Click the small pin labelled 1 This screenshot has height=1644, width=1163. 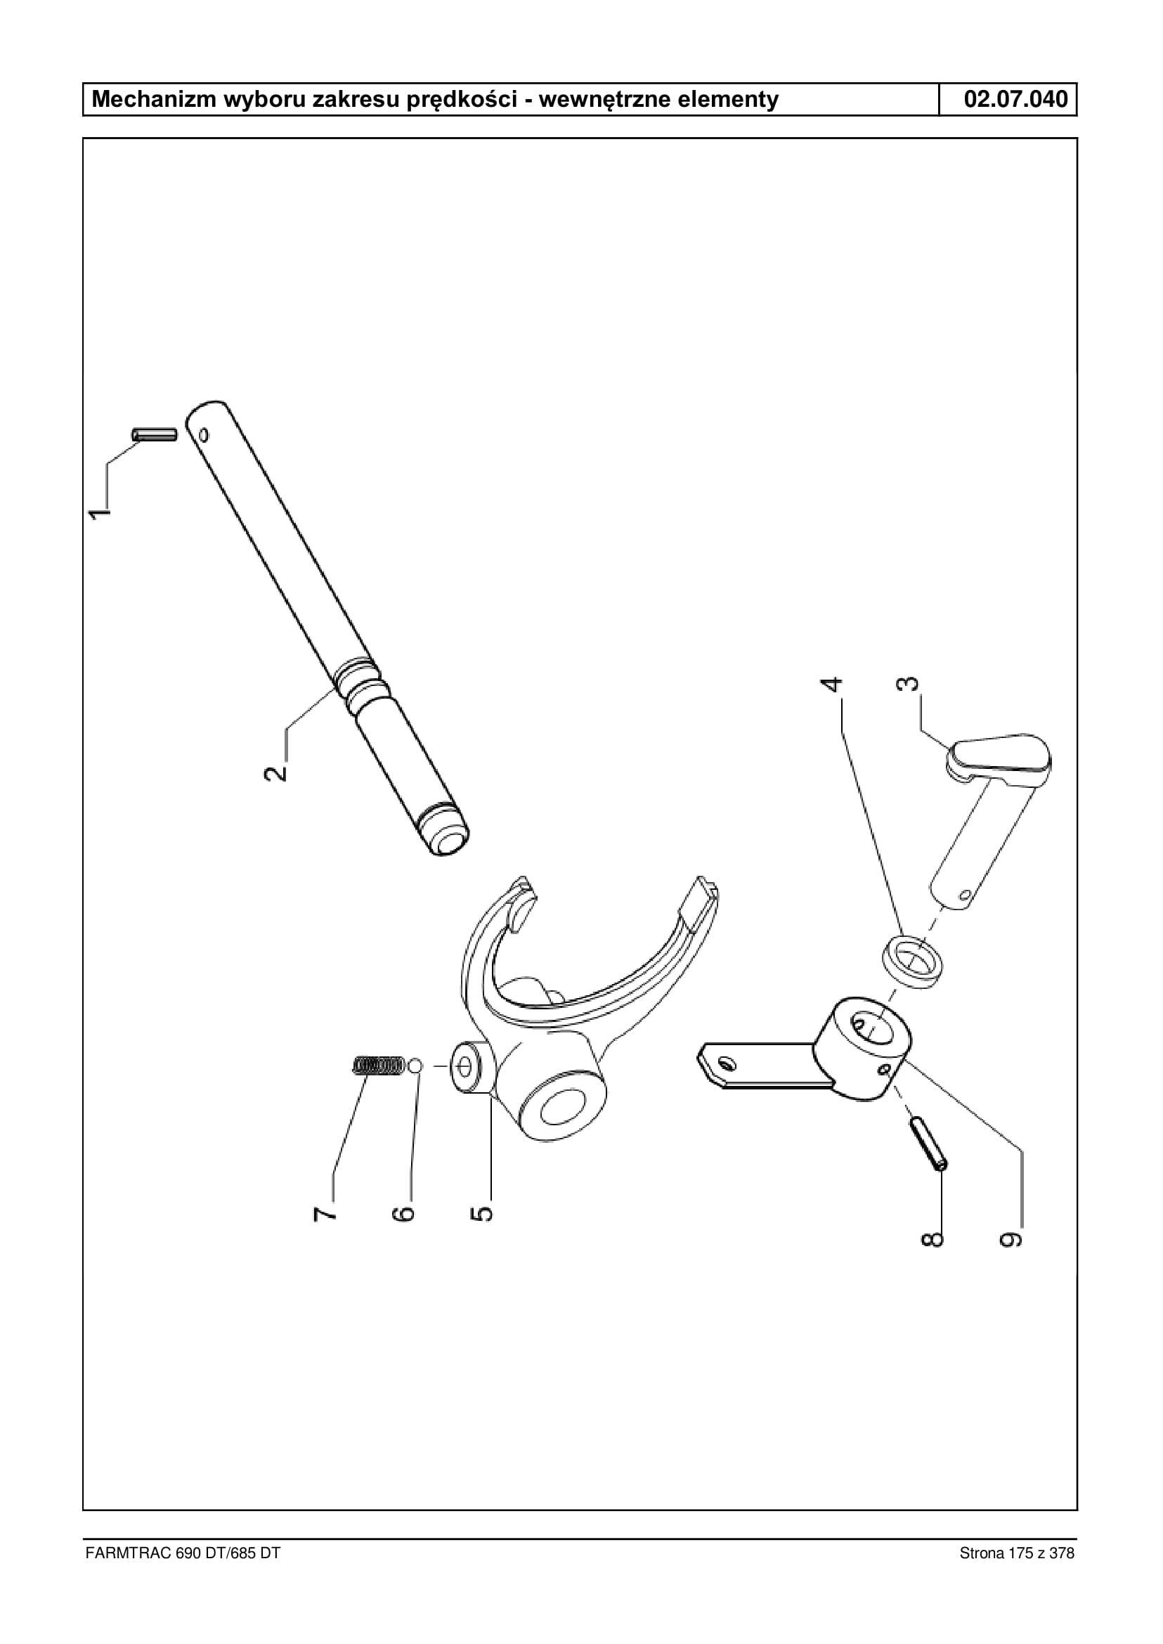click(x=154, y=435)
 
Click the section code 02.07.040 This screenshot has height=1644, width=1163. click(x=1015, y=99)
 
